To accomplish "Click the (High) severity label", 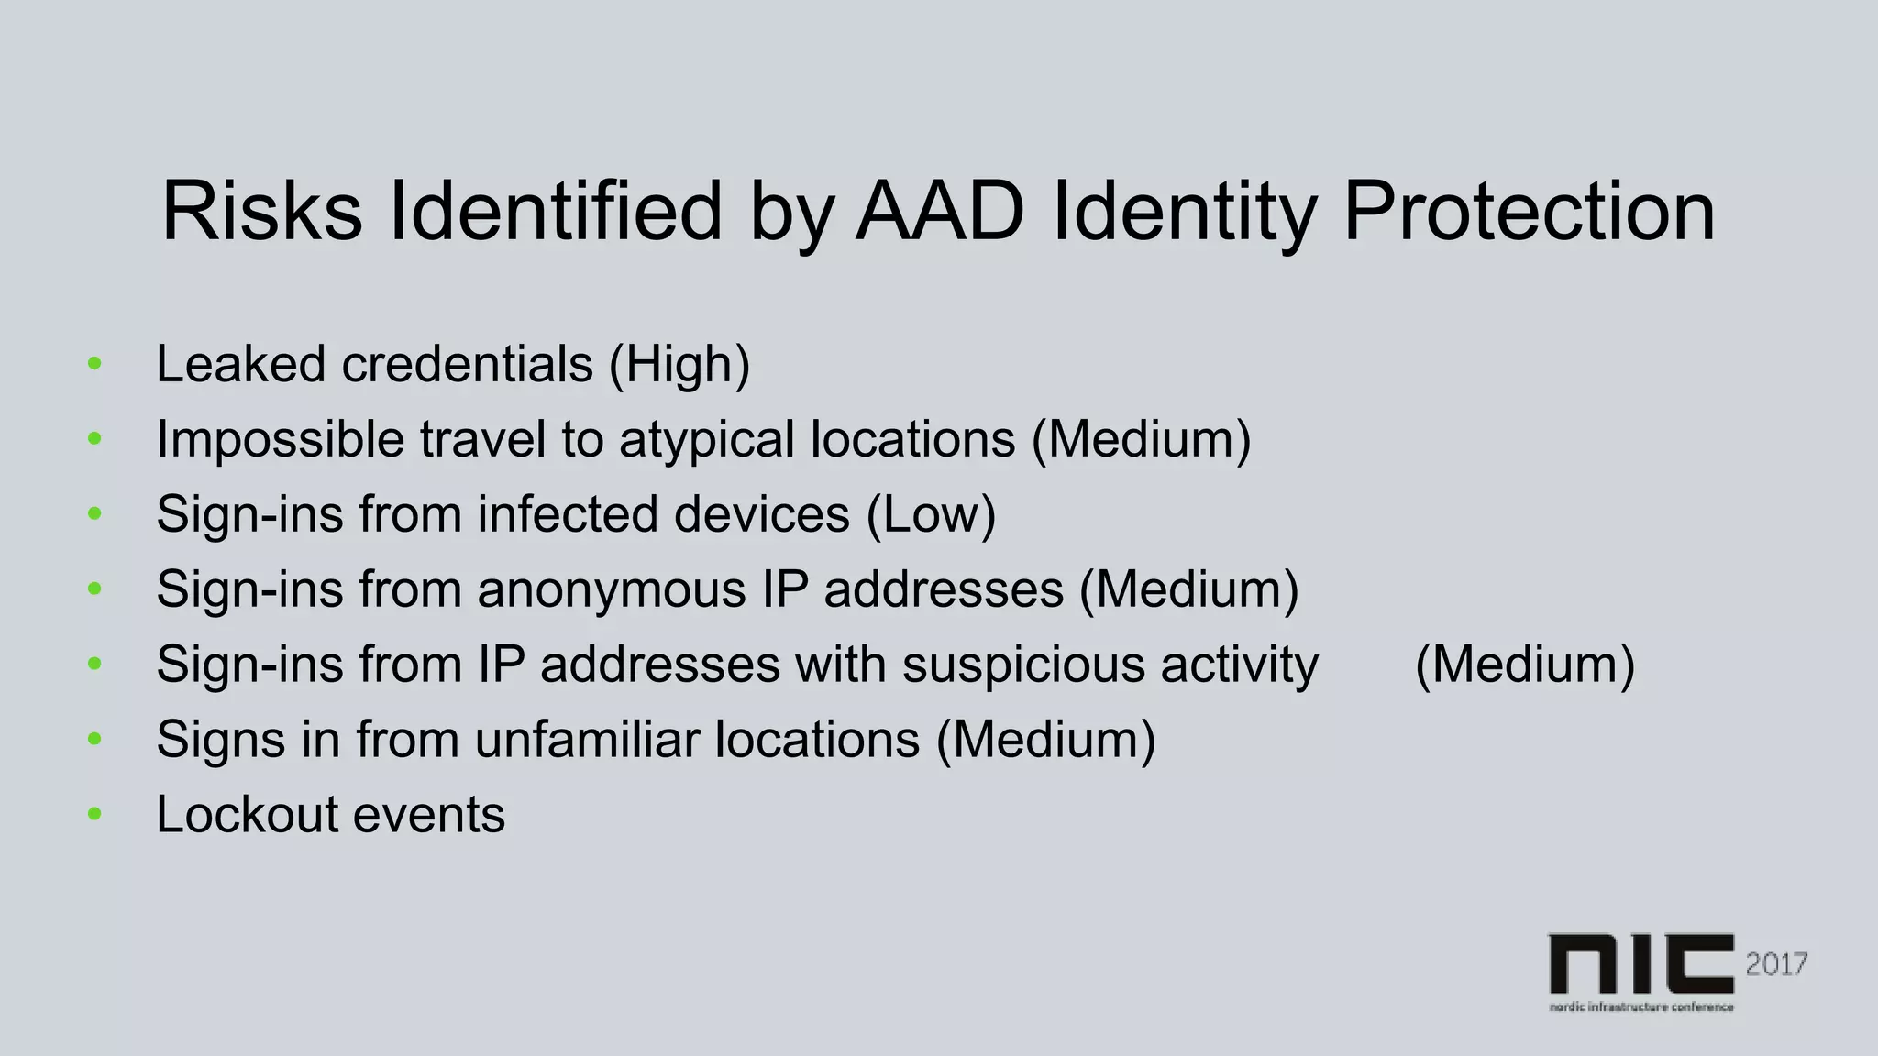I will tap(679, 365).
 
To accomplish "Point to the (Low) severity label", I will tap(931, 514).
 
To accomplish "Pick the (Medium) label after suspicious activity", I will tap(1525, 665).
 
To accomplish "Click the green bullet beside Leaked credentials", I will tap(94, 364).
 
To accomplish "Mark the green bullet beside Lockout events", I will tap(94, 814).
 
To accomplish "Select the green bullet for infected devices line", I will tap(94, 514).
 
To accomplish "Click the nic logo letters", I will tap(1640, 964).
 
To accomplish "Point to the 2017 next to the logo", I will tap(1776, 964).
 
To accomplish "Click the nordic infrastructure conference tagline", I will tap(1640, 1006).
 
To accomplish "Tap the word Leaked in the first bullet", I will tap(240, 365).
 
